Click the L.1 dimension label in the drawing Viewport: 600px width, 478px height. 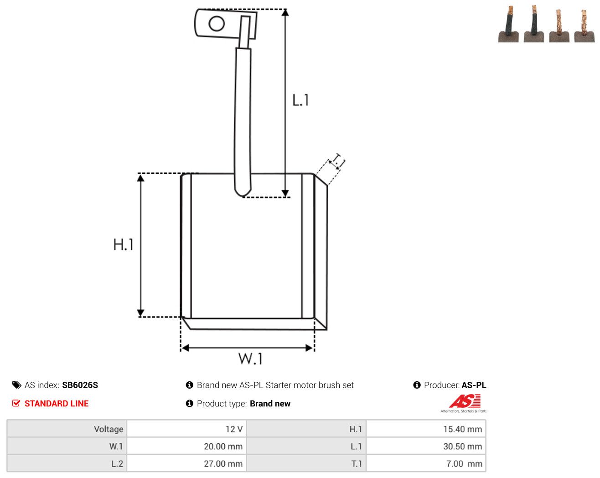click(300, 100)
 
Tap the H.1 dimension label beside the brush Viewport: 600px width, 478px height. click(123, 244)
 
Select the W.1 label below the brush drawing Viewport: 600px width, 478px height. click(250, 358)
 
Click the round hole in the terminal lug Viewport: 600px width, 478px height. click(217, 23)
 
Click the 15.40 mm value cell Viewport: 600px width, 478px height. click(463, 429)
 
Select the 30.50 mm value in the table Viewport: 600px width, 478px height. click(463, 446)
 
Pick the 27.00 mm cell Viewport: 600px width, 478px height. click(223, 463)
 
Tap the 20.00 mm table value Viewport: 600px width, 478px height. click(223, 446)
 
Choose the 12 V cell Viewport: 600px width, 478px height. click(234, 429)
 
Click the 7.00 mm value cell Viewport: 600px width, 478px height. click(464, 463)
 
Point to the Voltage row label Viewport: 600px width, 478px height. click(109, 429)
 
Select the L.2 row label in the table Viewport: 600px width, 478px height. click(117, 463)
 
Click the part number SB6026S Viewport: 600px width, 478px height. click(80, 385)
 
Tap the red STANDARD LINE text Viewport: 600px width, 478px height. click(57, 404)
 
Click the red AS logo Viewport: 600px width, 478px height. click(465, 401)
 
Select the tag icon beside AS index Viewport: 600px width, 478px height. click(17, 385)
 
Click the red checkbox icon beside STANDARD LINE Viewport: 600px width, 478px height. click(16, 403)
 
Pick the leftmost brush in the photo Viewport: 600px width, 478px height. click(508, 25)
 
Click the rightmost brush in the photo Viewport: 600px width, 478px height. click(584, 26)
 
